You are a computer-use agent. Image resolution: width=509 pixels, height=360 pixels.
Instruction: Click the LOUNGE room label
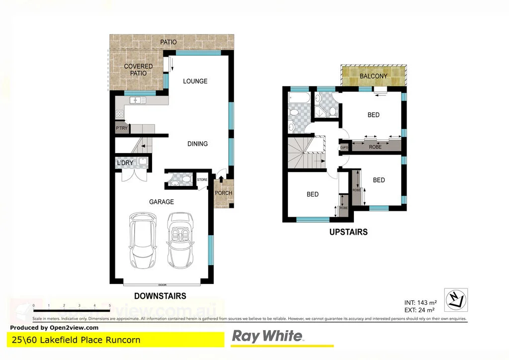[x=195, y=81]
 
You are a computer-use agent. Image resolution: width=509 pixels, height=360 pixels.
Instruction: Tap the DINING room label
[x=197, y=144]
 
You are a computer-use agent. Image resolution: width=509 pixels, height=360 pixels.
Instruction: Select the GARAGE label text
[x=162, y=202]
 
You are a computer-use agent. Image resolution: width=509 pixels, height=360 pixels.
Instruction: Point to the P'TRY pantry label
[x=121, y=128]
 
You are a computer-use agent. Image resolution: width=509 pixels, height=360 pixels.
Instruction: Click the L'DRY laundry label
[x=124, y=163]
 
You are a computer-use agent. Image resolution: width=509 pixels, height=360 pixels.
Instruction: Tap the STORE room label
[x=202, y=180]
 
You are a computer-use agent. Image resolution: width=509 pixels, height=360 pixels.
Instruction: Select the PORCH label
[x=223, y=193]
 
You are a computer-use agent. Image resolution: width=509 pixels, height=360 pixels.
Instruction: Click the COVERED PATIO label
[x=138, y=70]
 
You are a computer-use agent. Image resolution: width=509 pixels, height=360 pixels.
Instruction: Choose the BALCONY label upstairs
[x=373, y=76]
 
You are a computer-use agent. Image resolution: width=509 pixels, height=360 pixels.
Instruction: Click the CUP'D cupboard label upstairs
[x=343, y=148]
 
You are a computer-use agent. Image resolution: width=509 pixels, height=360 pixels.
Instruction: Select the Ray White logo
[x=267, y=337]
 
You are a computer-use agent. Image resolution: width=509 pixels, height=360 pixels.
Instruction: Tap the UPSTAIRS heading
[x=348, y=232]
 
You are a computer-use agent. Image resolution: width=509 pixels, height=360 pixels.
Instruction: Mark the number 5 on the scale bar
[x=109, y=305]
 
